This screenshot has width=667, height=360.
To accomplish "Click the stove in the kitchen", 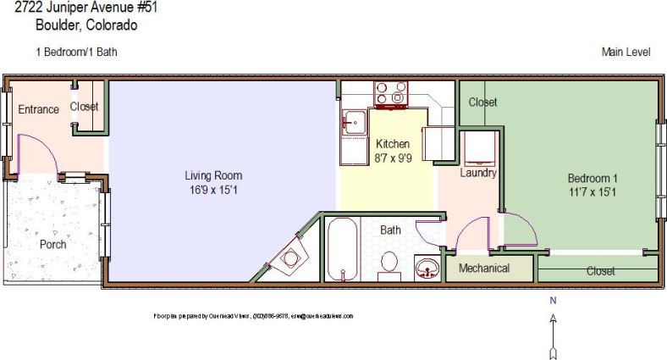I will tap(391, 94).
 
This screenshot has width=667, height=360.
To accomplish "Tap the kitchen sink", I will tap(354, 123).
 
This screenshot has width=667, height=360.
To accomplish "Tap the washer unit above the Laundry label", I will tap(478, 149).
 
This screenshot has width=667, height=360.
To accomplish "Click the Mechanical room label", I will tap(484, 269).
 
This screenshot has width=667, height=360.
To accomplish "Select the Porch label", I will tap(53, 245).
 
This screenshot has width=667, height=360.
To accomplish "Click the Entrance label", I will tap(38, 109).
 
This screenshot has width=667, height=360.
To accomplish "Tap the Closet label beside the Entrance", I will tap(84, 107).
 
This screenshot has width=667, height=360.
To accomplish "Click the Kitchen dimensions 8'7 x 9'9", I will tap(392, 158).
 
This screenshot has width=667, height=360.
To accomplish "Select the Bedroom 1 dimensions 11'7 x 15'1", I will tap(592, 192).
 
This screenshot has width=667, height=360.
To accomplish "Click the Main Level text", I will tap(626, 52).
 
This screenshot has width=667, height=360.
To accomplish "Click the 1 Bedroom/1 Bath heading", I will tap(76, 52).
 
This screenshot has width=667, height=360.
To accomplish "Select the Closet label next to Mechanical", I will tap(600, 271).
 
